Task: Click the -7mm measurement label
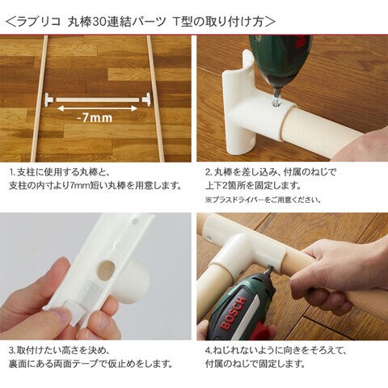tap(95, 118)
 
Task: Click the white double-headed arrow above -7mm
tap(98, 108)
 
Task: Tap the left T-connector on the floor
tap(49, 99)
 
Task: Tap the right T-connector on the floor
tap(146, 99)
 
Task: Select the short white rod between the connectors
tap(98, 99)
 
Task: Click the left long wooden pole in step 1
tap(40, 99)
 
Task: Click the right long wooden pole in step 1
tap(155, 99)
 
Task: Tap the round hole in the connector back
tap(106, 268)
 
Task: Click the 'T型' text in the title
tap(182, 22)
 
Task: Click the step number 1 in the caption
tap(11, 172)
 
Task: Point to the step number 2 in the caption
tap(208, 172)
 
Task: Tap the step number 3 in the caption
tap(11, 351)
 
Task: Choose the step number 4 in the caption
tap(208, 351)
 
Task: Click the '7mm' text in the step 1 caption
tap(78, 186)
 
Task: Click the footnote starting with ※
tap(263, 200)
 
